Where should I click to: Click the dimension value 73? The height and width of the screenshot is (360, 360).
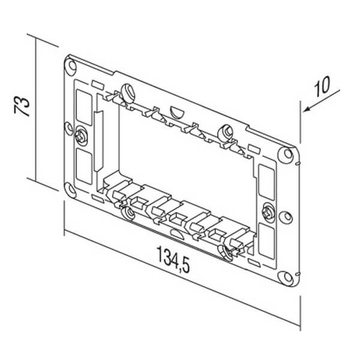click(x=22, y=107)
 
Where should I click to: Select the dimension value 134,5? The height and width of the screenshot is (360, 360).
click(x=173, y=260)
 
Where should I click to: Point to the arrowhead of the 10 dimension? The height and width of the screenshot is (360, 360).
click(x=307, y=110)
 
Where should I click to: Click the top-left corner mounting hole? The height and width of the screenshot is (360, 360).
click(x=72, y=65)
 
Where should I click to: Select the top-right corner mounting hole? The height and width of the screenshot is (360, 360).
click(x=287, y=153)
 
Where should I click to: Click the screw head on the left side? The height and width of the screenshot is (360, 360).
click(x=81, y=136)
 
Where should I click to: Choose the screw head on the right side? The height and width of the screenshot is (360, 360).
click(x=269, y=212)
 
